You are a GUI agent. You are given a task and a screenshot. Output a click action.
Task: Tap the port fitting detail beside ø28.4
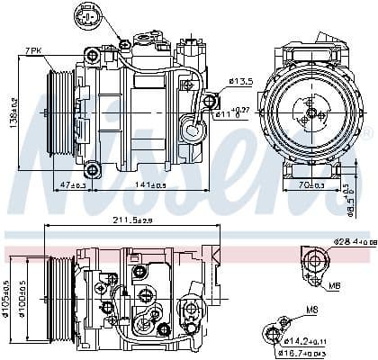[313, 263]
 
